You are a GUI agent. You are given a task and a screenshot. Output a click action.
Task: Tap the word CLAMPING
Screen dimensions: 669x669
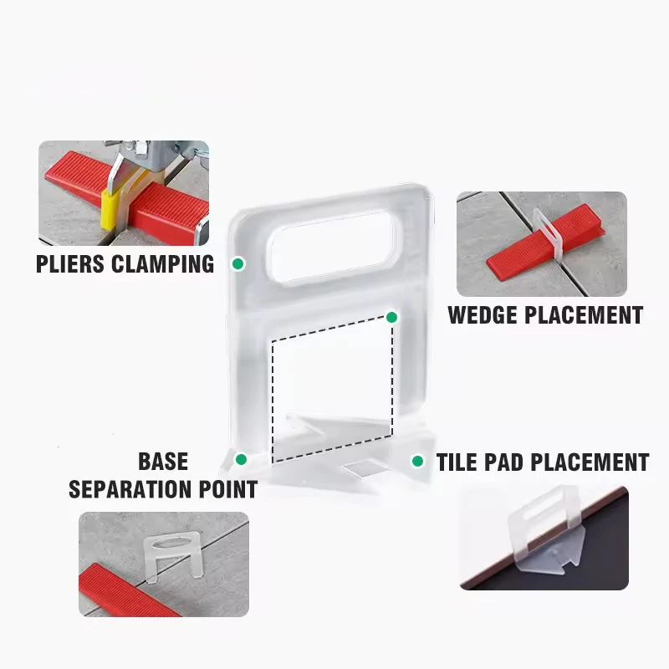[x=165, y=264]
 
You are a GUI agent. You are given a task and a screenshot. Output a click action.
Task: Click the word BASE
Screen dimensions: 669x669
[x=163, y=462]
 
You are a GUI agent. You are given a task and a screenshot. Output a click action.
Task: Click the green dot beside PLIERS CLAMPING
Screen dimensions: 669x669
[x=238, y=264]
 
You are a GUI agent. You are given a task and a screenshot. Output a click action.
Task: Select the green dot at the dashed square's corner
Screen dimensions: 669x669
[x=391, y=318]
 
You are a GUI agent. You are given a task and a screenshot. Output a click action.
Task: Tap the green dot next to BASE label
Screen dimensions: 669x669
[x=241, y=459]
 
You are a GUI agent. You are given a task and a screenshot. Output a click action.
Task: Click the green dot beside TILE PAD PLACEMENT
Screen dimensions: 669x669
[x=416, y=461]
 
